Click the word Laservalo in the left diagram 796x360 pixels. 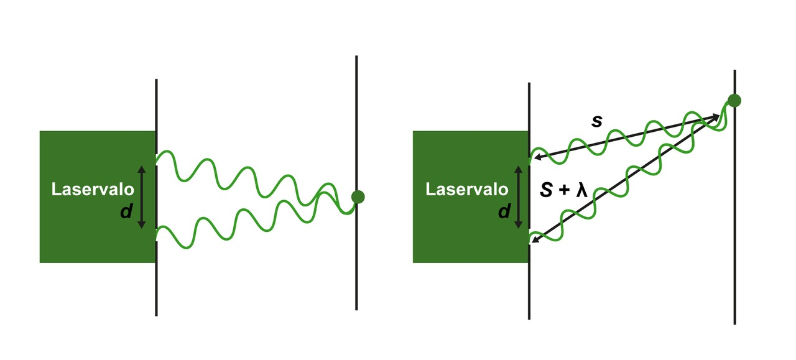93,190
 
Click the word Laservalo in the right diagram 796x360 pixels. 466,189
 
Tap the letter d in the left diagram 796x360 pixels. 126,212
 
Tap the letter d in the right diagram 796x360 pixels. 503,212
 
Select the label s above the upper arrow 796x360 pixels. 596,122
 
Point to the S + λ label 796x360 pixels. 563,190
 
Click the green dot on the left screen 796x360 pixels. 357,196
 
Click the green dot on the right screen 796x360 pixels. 734,101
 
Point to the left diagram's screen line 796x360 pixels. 356,261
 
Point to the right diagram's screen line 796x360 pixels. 734,249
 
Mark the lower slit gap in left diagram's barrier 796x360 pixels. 156,234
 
